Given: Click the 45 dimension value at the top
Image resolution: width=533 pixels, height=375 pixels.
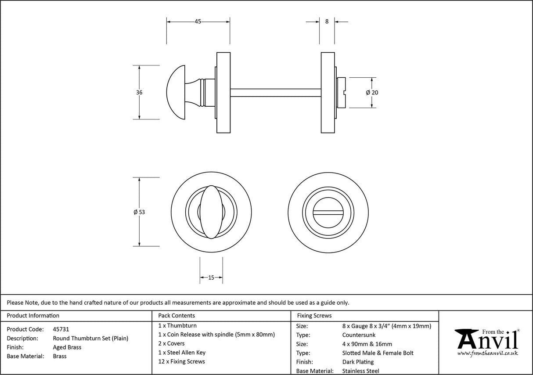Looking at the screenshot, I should [x=198, y=22].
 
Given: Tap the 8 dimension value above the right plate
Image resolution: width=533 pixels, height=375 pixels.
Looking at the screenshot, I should [x=327, y=22].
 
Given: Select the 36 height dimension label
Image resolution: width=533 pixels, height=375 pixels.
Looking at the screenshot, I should [x=139, y=93].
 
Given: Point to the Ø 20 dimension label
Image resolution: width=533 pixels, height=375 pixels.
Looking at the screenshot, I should [x=372, y=93].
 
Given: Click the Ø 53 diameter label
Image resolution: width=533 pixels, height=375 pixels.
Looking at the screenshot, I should [x=139, y=212].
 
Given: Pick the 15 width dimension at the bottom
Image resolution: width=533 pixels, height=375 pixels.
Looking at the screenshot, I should [x=211, y=278].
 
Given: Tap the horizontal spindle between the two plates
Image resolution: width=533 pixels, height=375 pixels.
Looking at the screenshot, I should [x=275, y=92].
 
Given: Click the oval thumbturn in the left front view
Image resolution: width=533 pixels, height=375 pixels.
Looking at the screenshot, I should [x=211, y=212].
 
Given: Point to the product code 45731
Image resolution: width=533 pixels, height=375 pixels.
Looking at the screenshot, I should [x=61, y=329].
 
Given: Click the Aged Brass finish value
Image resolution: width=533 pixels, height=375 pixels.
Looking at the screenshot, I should [x=67, y=347].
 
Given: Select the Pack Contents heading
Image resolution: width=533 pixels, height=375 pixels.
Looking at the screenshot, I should [x=176, y=315].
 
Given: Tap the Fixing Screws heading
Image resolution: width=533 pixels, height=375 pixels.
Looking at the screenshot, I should [x=314, y=315].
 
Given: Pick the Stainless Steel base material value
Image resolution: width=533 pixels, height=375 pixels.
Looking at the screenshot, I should [x=360, y=371].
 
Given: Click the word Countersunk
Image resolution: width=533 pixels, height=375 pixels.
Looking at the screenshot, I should [x=359, y=335].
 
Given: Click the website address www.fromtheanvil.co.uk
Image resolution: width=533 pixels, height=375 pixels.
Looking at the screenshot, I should [x=487, y=353].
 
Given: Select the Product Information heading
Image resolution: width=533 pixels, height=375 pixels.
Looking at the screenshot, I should [x=33, y=315].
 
